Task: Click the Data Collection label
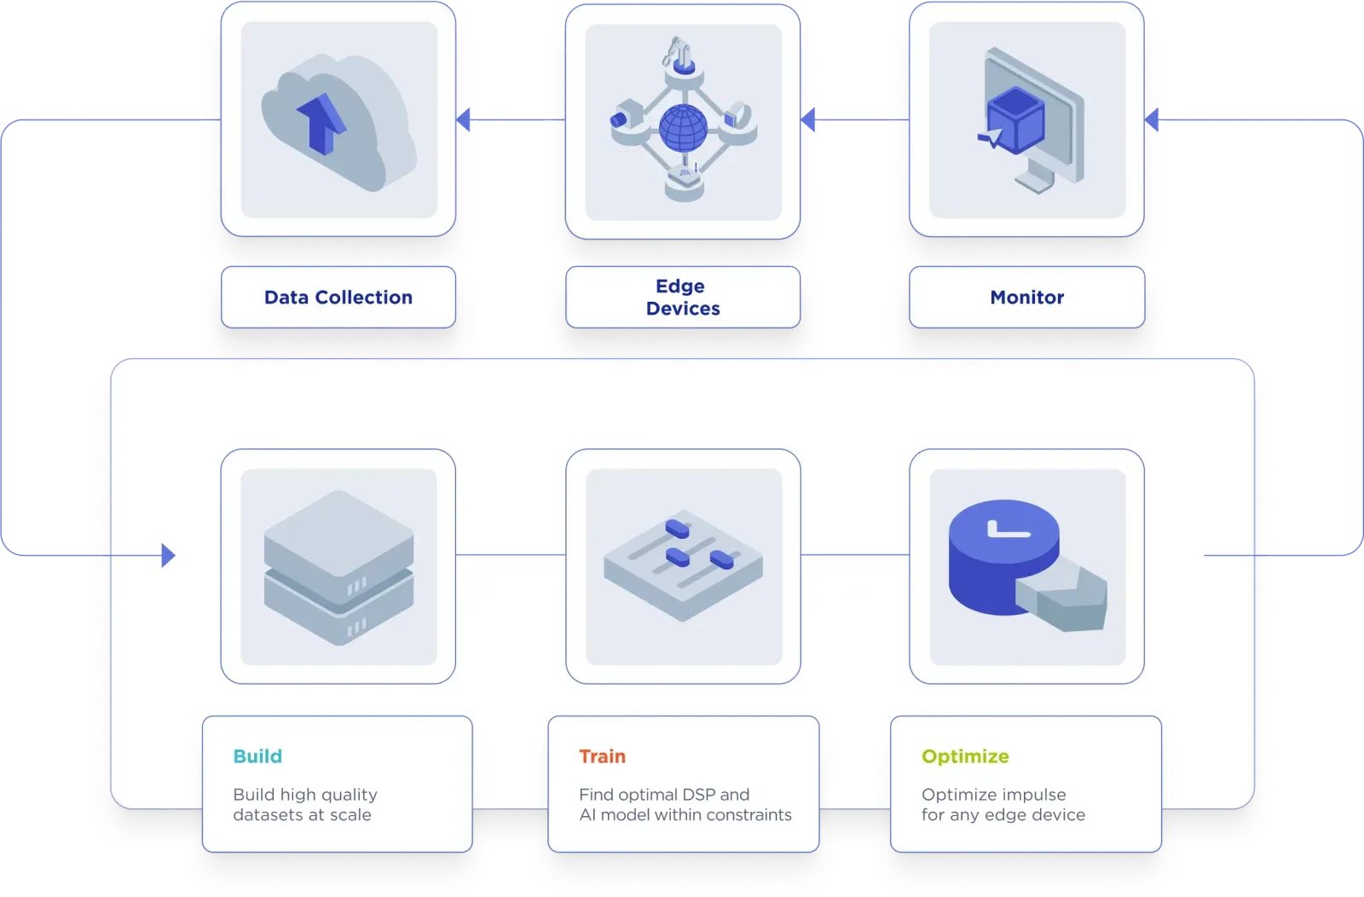(338, 298)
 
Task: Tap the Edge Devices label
(682, 297)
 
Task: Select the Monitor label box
(1026, 298)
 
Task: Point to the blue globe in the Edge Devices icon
(683, 128)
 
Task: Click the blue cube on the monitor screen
(1015, 122)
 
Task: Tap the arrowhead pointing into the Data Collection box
(464, 120)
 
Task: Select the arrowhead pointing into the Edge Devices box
(808, 120)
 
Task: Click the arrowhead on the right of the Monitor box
(1153, 120)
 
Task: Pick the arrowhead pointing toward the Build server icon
(168, 556)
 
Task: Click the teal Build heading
(257, 756)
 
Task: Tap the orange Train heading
(602, 756)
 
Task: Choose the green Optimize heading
(965, 756)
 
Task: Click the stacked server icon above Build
(338, 567)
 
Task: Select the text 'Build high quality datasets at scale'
(304, 804)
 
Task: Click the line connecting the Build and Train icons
(511, 555)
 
